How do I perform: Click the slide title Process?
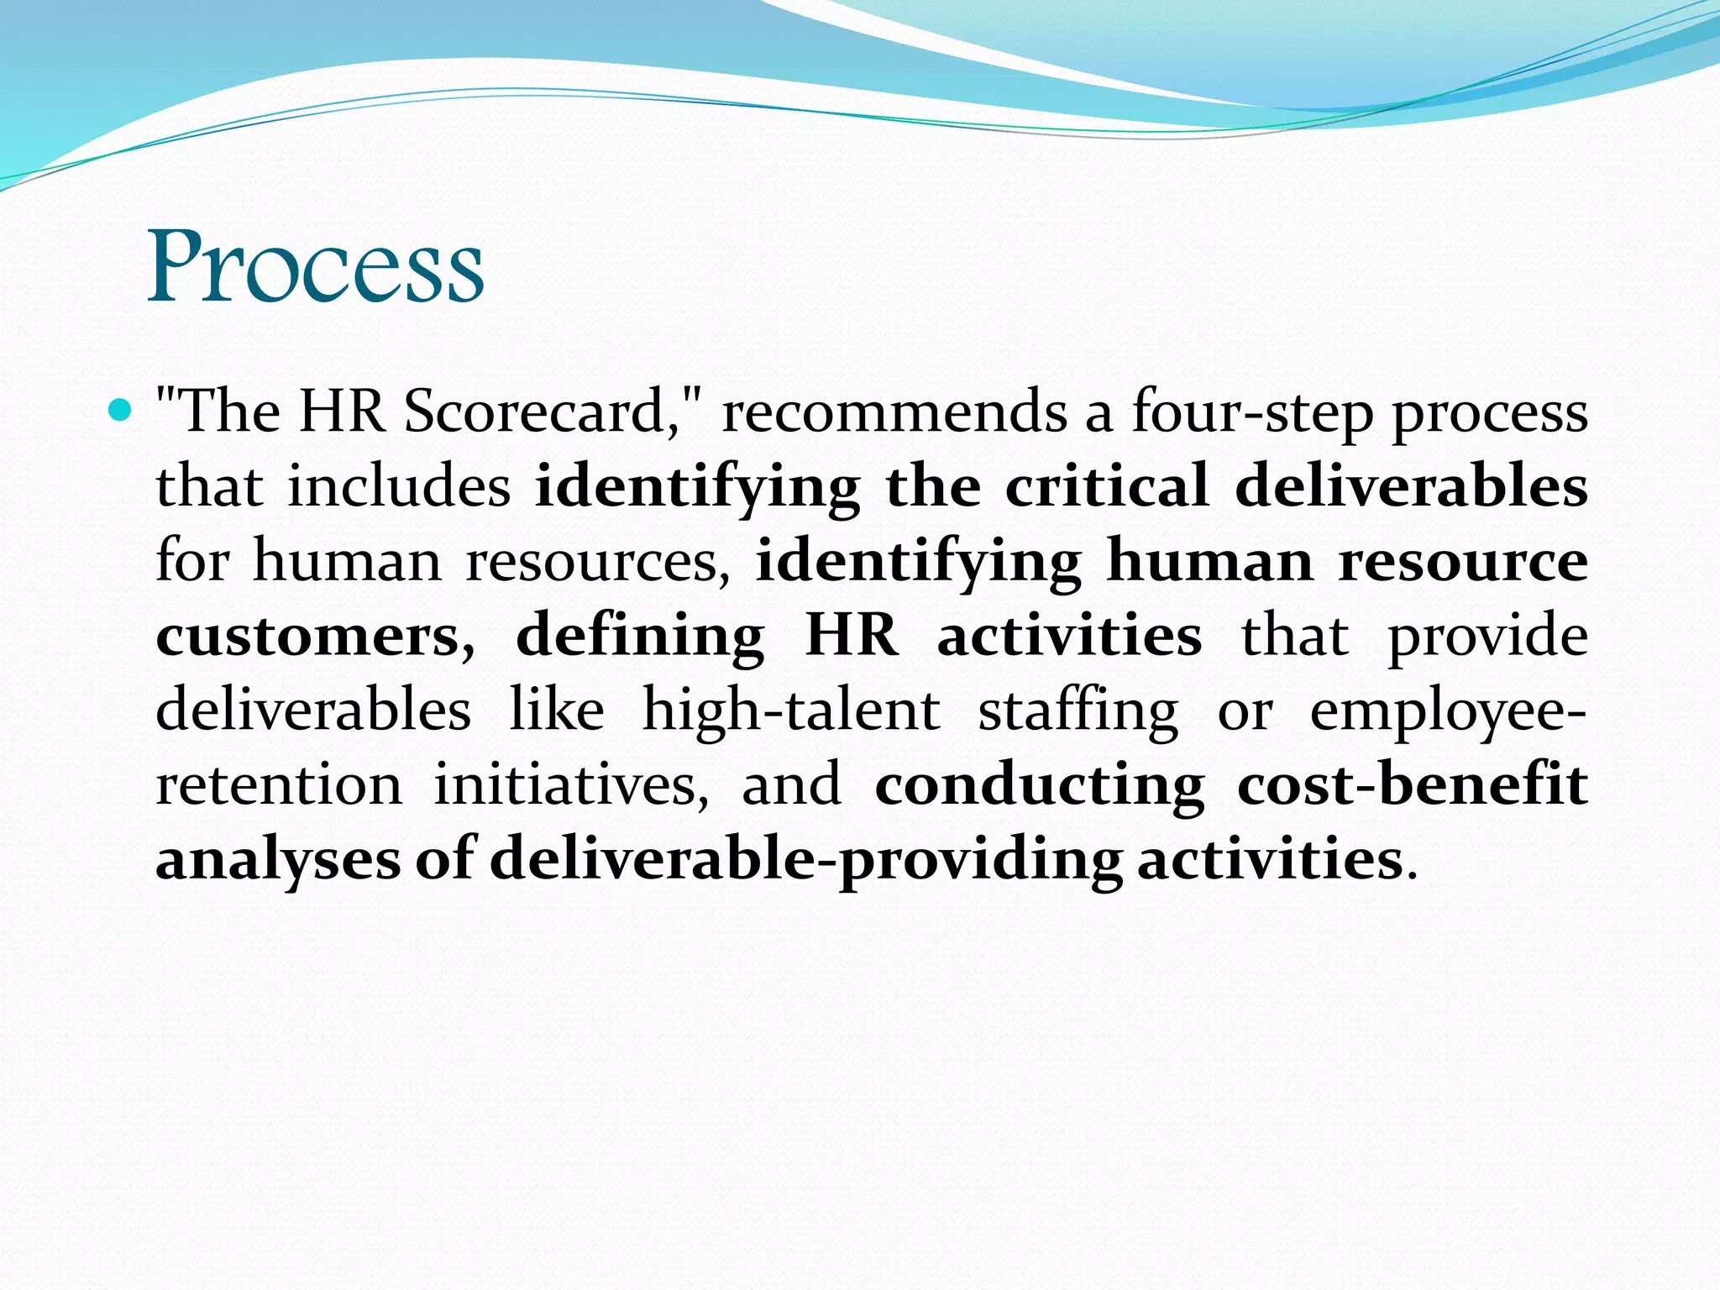(316, 266)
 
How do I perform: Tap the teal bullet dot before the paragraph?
(121, 412)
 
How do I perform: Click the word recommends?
(894, 412)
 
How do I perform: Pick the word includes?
(399, 486)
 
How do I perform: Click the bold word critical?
(1107, 486)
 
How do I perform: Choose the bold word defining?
(640, 636)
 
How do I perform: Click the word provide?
(1487, 636)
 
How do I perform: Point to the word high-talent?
(791, 711)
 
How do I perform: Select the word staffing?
(1078, 711)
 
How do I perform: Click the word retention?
(279, 784)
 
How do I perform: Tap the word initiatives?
(571, 784)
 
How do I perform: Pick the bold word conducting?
(1040, 784)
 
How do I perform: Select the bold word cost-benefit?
(1413, 784)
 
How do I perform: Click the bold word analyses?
(278, 859)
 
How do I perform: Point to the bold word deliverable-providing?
(806, 859)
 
